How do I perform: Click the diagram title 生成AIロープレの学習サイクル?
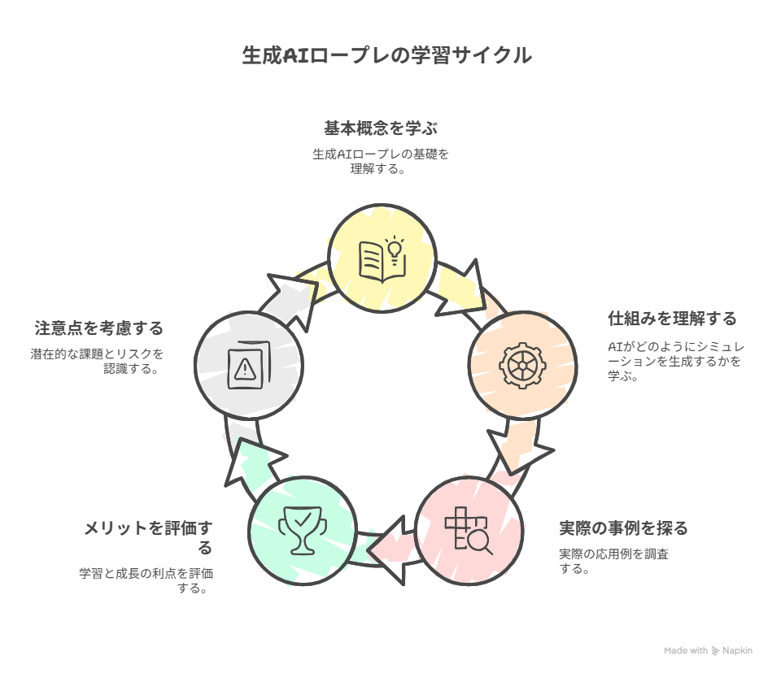[x=386, y=55]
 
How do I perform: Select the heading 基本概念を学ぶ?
[x=381, y=128]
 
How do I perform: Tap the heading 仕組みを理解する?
[x=672, y=319]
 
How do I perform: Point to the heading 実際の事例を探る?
[x=623, y=528]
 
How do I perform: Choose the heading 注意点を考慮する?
[x=99, y=328]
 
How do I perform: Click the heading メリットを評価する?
[x=148, y=537]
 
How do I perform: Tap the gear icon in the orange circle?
[x=522, y=366]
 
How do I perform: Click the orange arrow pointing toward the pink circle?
[x=520, y=445]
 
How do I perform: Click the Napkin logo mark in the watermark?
[x=715, y=651]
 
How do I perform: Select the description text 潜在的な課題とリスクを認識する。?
[x=97, y=361]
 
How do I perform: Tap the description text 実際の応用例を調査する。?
[x=613, y=562]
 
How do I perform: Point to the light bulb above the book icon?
[x=395, y=249]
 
